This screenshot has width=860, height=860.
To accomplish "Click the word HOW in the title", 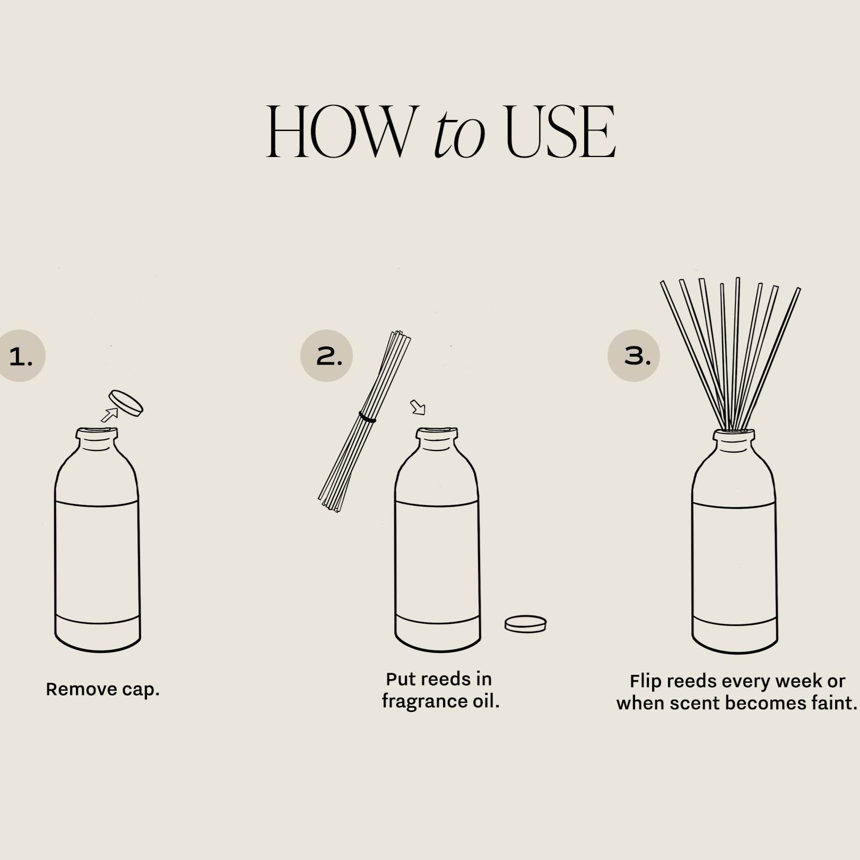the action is (340, 132).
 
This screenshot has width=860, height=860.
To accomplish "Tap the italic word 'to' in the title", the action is (459, 136).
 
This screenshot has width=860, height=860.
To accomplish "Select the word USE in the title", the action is (560, 132).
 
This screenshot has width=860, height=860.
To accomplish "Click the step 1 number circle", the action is (20, 355).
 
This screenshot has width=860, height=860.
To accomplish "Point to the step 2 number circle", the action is (326, 355).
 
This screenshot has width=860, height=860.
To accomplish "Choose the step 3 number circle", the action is (633, 355).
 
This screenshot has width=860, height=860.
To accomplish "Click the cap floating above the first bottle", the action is (126, 403).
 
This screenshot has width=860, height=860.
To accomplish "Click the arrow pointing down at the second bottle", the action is (418, 407).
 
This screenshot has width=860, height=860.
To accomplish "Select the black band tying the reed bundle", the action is (367, 418).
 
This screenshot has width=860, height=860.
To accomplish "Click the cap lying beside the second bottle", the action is (525, 624).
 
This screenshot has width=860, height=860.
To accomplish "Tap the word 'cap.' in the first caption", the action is (141, 690).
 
